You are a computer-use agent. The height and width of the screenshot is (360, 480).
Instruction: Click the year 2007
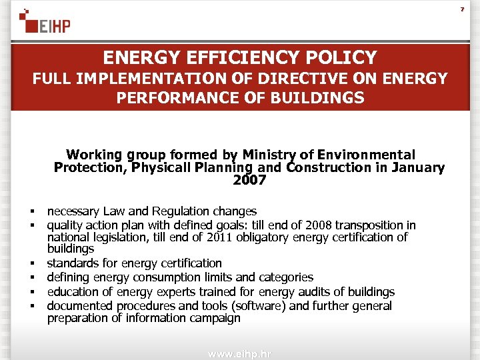tap(249, 180)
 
